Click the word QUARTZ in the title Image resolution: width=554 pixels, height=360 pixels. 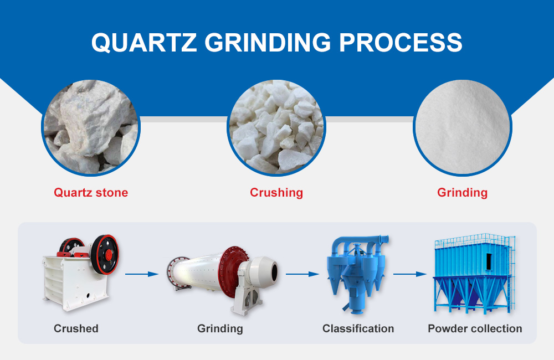144,43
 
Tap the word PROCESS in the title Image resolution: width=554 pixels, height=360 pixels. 401,43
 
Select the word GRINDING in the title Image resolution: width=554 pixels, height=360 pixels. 268,43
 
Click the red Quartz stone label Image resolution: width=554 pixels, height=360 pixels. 91,193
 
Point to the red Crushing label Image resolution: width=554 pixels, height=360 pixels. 276,193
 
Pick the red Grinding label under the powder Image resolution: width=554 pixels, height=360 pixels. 462,193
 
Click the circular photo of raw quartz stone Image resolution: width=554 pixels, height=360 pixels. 91,127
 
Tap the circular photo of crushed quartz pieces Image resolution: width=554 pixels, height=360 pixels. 276,127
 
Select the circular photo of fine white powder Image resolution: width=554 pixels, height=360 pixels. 463,127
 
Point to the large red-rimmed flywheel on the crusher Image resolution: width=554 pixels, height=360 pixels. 105,255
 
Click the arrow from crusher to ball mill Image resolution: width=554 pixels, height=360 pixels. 142,274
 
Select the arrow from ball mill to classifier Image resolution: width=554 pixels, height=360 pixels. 302,274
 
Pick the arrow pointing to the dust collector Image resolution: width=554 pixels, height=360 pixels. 410,274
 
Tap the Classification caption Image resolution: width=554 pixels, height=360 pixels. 358,328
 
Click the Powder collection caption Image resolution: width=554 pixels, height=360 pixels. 475,328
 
